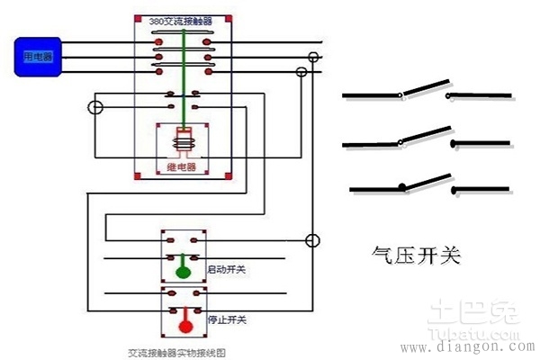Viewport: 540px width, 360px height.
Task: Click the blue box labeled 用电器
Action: pos(38,56)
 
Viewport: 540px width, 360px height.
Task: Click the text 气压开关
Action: pos(417,256)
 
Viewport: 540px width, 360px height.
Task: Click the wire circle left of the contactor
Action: pos(95,108)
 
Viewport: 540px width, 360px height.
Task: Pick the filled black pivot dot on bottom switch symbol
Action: pos(401,187)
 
